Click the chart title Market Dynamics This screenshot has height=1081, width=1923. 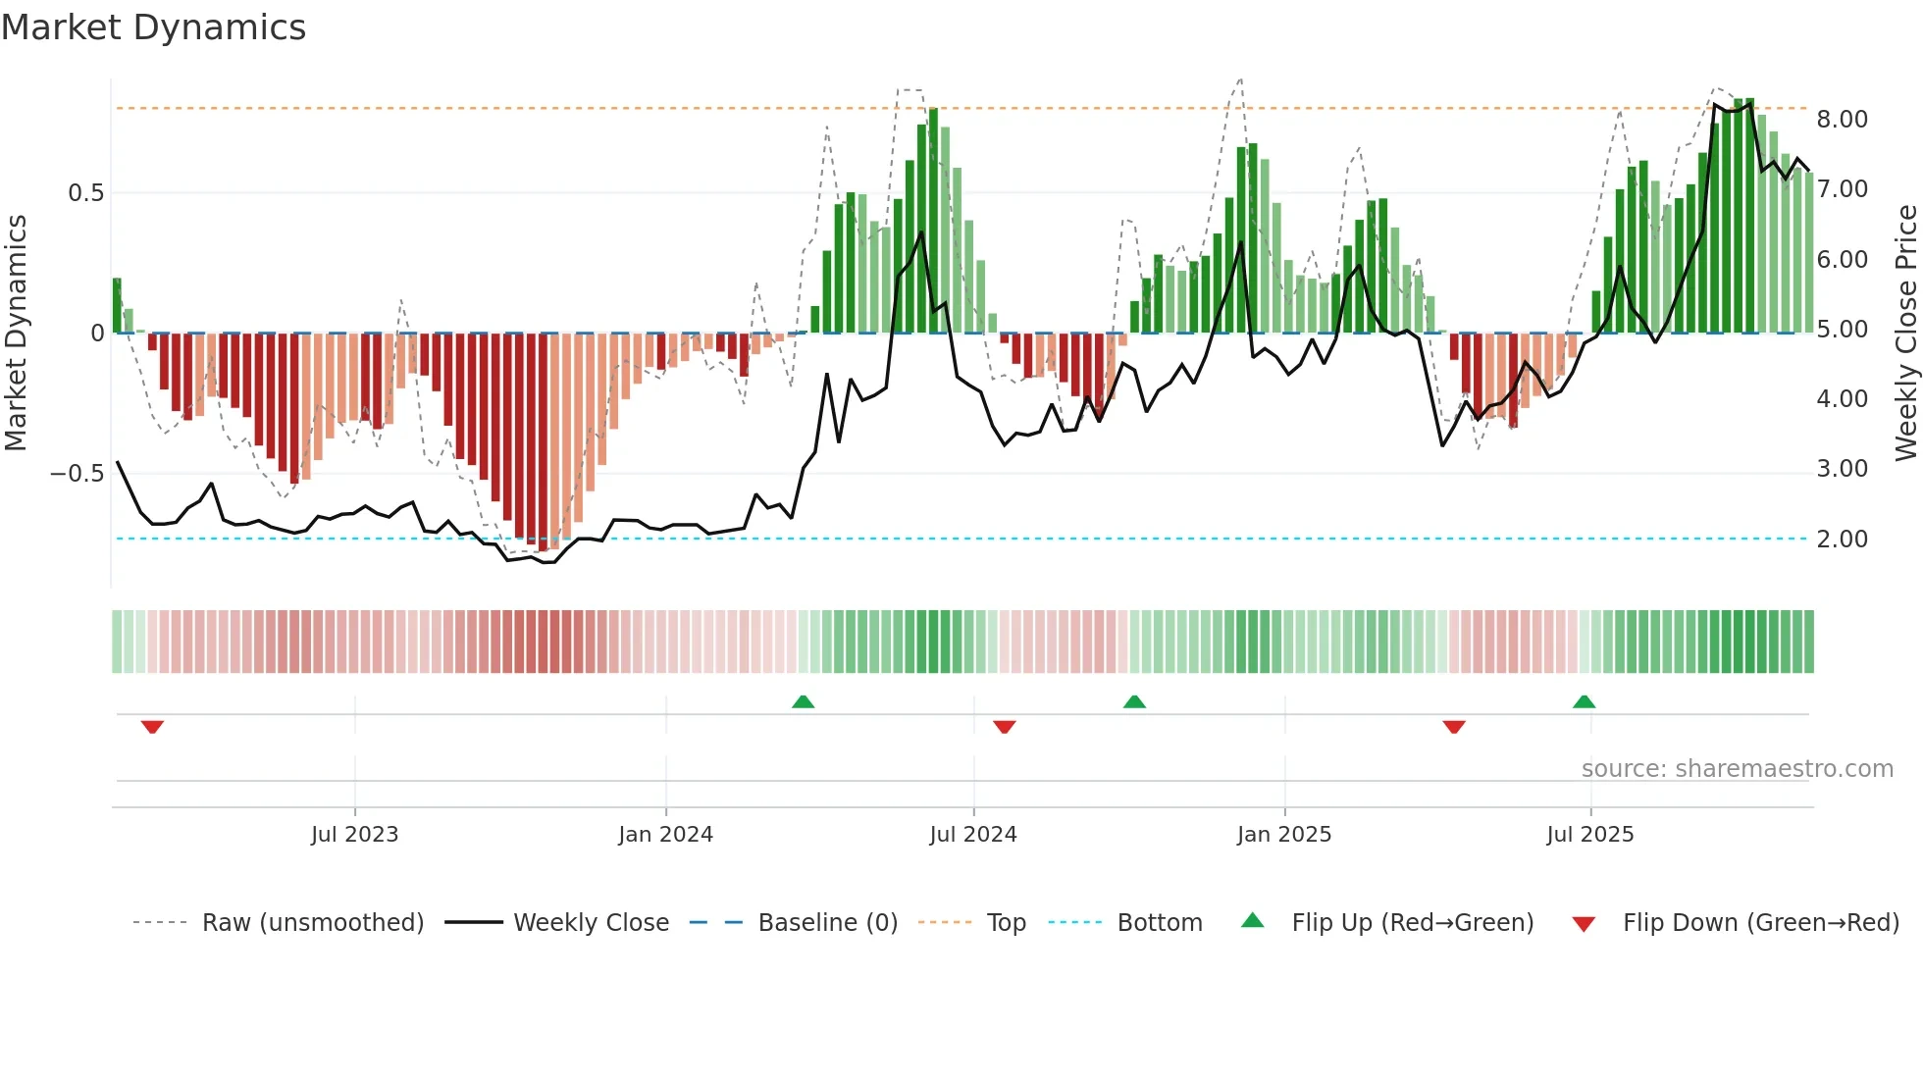(154, 27)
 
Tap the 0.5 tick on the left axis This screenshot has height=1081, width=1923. (85, 193)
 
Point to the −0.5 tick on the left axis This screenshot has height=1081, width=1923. (78, 474)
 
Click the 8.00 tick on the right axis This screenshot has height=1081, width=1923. (1842, 120)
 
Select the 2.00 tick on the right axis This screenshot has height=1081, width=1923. (1842, 540)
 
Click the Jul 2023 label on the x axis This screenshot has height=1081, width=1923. (354, 835)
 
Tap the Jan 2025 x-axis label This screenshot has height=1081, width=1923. (1283, 835)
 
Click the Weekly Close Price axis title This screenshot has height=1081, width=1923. (1905, 333)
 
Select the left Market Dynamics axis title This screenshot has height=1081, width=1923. (16, 333)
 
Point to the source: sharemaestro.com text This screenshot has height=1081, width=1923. (1737, 769)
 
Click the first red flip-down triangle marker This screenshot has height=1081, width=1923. (152, 727)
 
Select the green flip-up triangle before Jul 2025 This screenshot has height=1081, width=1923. (1584, 701)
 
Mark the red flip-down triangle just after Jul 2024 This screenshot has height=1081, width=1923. (1004, 727)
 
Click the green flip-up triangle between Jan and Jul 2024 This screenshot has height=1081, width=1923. (803, 701)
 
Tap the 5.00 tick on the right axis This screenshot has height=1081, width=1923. (1842, 330)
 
